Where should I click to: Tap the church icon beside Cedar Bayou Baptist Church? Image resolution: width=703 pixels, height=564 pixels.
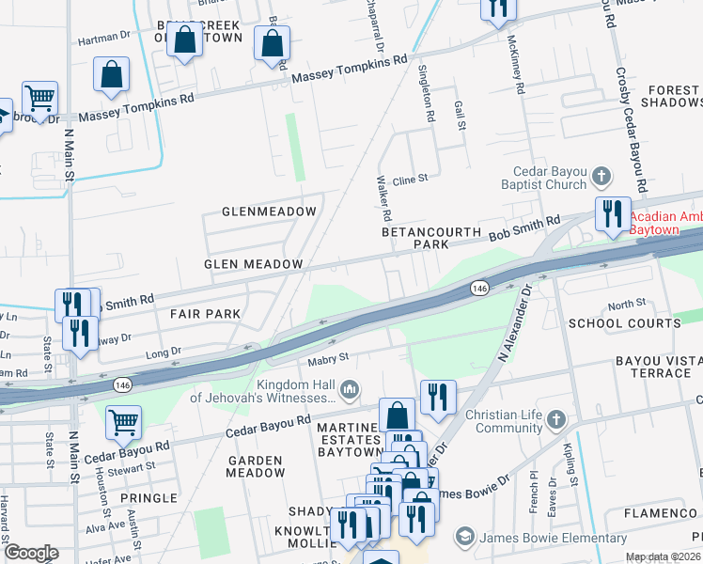coord(601,176)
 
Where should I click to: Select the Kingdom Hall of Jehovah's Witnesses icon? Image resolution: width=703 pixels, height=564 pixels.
coord(350,388)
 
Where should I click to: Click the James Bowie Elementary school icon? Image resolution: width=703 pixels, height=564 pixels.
coord(464,538)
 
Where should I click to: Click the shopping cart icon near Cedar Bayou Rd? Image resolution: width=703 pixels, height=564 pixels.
coord(123,423)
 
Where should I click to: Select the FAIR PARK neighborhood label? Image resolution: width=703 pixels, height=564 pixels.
coord(206,313)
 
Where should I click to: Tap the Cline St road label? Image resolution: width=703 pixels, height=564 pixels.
coord(410,178)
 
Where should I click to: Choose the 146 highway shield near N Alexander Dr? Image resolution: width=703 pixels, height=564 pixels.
coord(479,288)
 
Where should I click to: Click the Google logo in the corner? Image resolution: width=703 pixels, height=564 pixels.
coord(32,553)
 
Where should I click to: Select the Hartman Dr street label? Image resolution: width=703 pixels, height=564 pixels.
coord(103,40)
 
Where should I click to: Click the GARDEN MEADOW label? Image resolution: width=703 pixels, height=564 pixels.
coord(255,467)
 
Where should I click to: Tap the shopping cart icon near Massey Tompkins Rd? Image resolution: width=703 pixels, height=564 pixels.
coord(39,97)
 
